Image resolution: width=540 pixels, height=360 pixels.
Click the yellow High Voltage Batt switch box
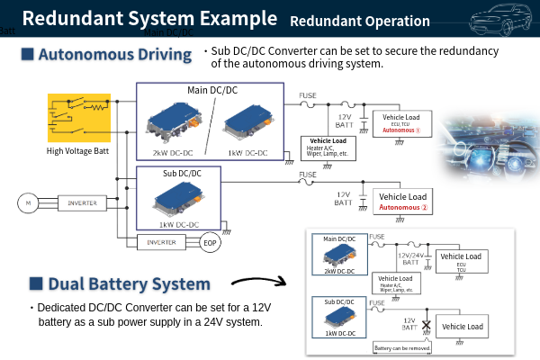78,117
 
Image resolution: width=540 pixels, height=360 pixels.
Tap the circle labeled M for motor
28,203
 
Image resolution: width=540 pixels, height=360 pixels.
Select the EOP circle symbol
209,242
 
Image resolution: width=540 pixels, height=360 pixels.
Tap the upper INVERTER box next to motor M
84,203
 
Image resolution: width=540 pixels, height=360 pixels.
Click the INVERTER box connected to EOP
162,241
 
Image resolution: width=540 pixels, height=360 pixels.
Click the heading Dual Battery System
130,284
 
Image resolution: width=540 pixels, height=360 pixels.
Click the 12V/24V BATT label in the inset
409,260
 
